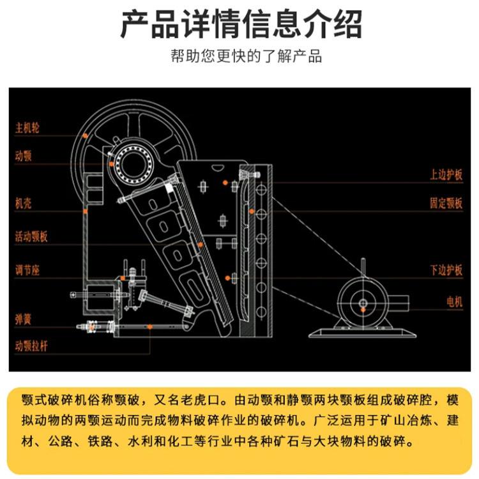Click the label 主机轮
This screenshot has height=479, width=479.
point(27,126)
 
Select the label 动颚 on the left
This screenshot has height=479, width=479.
point(24,155)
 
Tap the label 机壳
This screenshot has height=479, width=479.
point(24,204)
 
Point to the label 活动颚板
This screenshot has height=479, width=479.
point(31,237)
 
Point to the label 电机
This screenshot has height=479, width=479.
point(453,301)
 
